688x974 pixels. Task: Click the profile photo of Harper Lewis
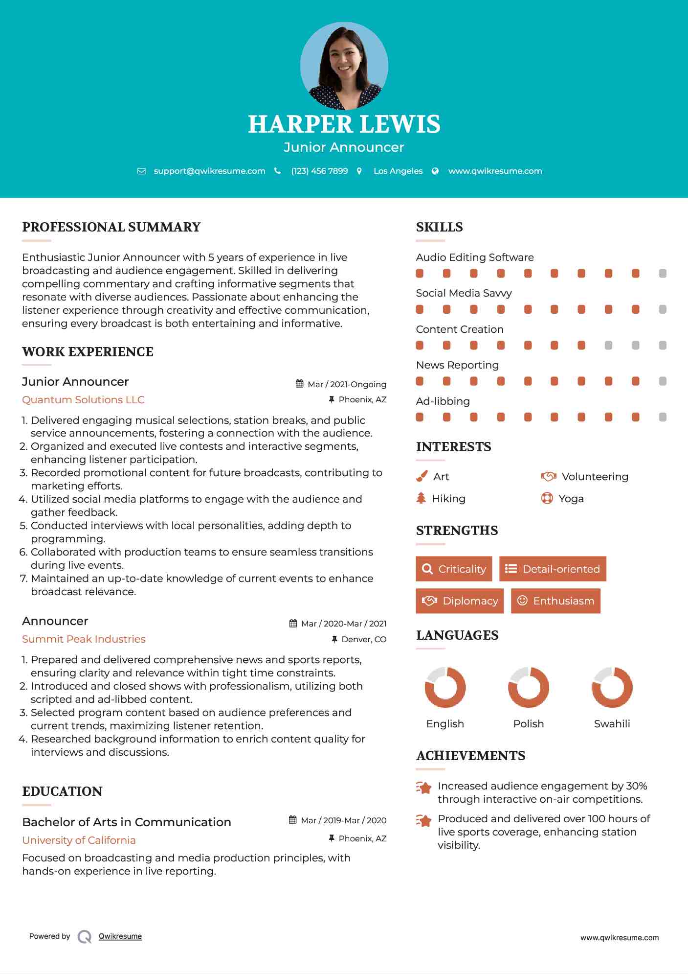[344, 66]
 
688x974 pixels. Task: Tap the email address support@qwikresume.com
[209, 171]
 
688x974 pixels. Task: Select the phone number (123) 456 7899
[319, 171]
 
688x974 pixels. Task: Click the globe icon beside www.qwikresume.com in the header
[435, 171]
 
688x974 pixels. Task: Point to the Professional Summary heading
[111, 227]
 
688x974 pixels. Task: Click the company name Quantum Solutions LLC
[83, 399]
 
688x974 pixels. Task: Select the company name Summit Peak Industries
[84, 639]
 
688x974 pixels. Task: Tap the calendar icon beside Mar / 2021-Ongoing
[300, 384]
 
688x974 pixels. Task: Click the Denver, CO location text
[364, 639]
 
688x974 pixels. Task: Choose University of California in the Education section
[79, 840]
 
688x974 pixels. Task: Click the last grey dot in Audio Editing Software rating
[663, 273]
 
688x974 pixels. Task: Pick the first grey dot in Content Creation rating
[608, 345]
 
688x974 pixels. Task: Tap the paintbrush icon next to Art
[422, 476]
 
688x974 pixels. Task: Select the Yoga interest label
[571, 498]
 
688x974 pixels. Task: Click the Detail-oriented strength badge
[553, 569]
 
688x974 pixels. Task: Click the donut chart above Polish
[528, 687]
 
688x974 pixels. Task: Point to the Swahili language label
[612, 723]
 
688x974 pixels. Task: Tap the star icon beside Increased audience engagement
[423, 787]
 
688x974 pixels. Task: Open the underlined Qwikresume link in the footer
[120, 936]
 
